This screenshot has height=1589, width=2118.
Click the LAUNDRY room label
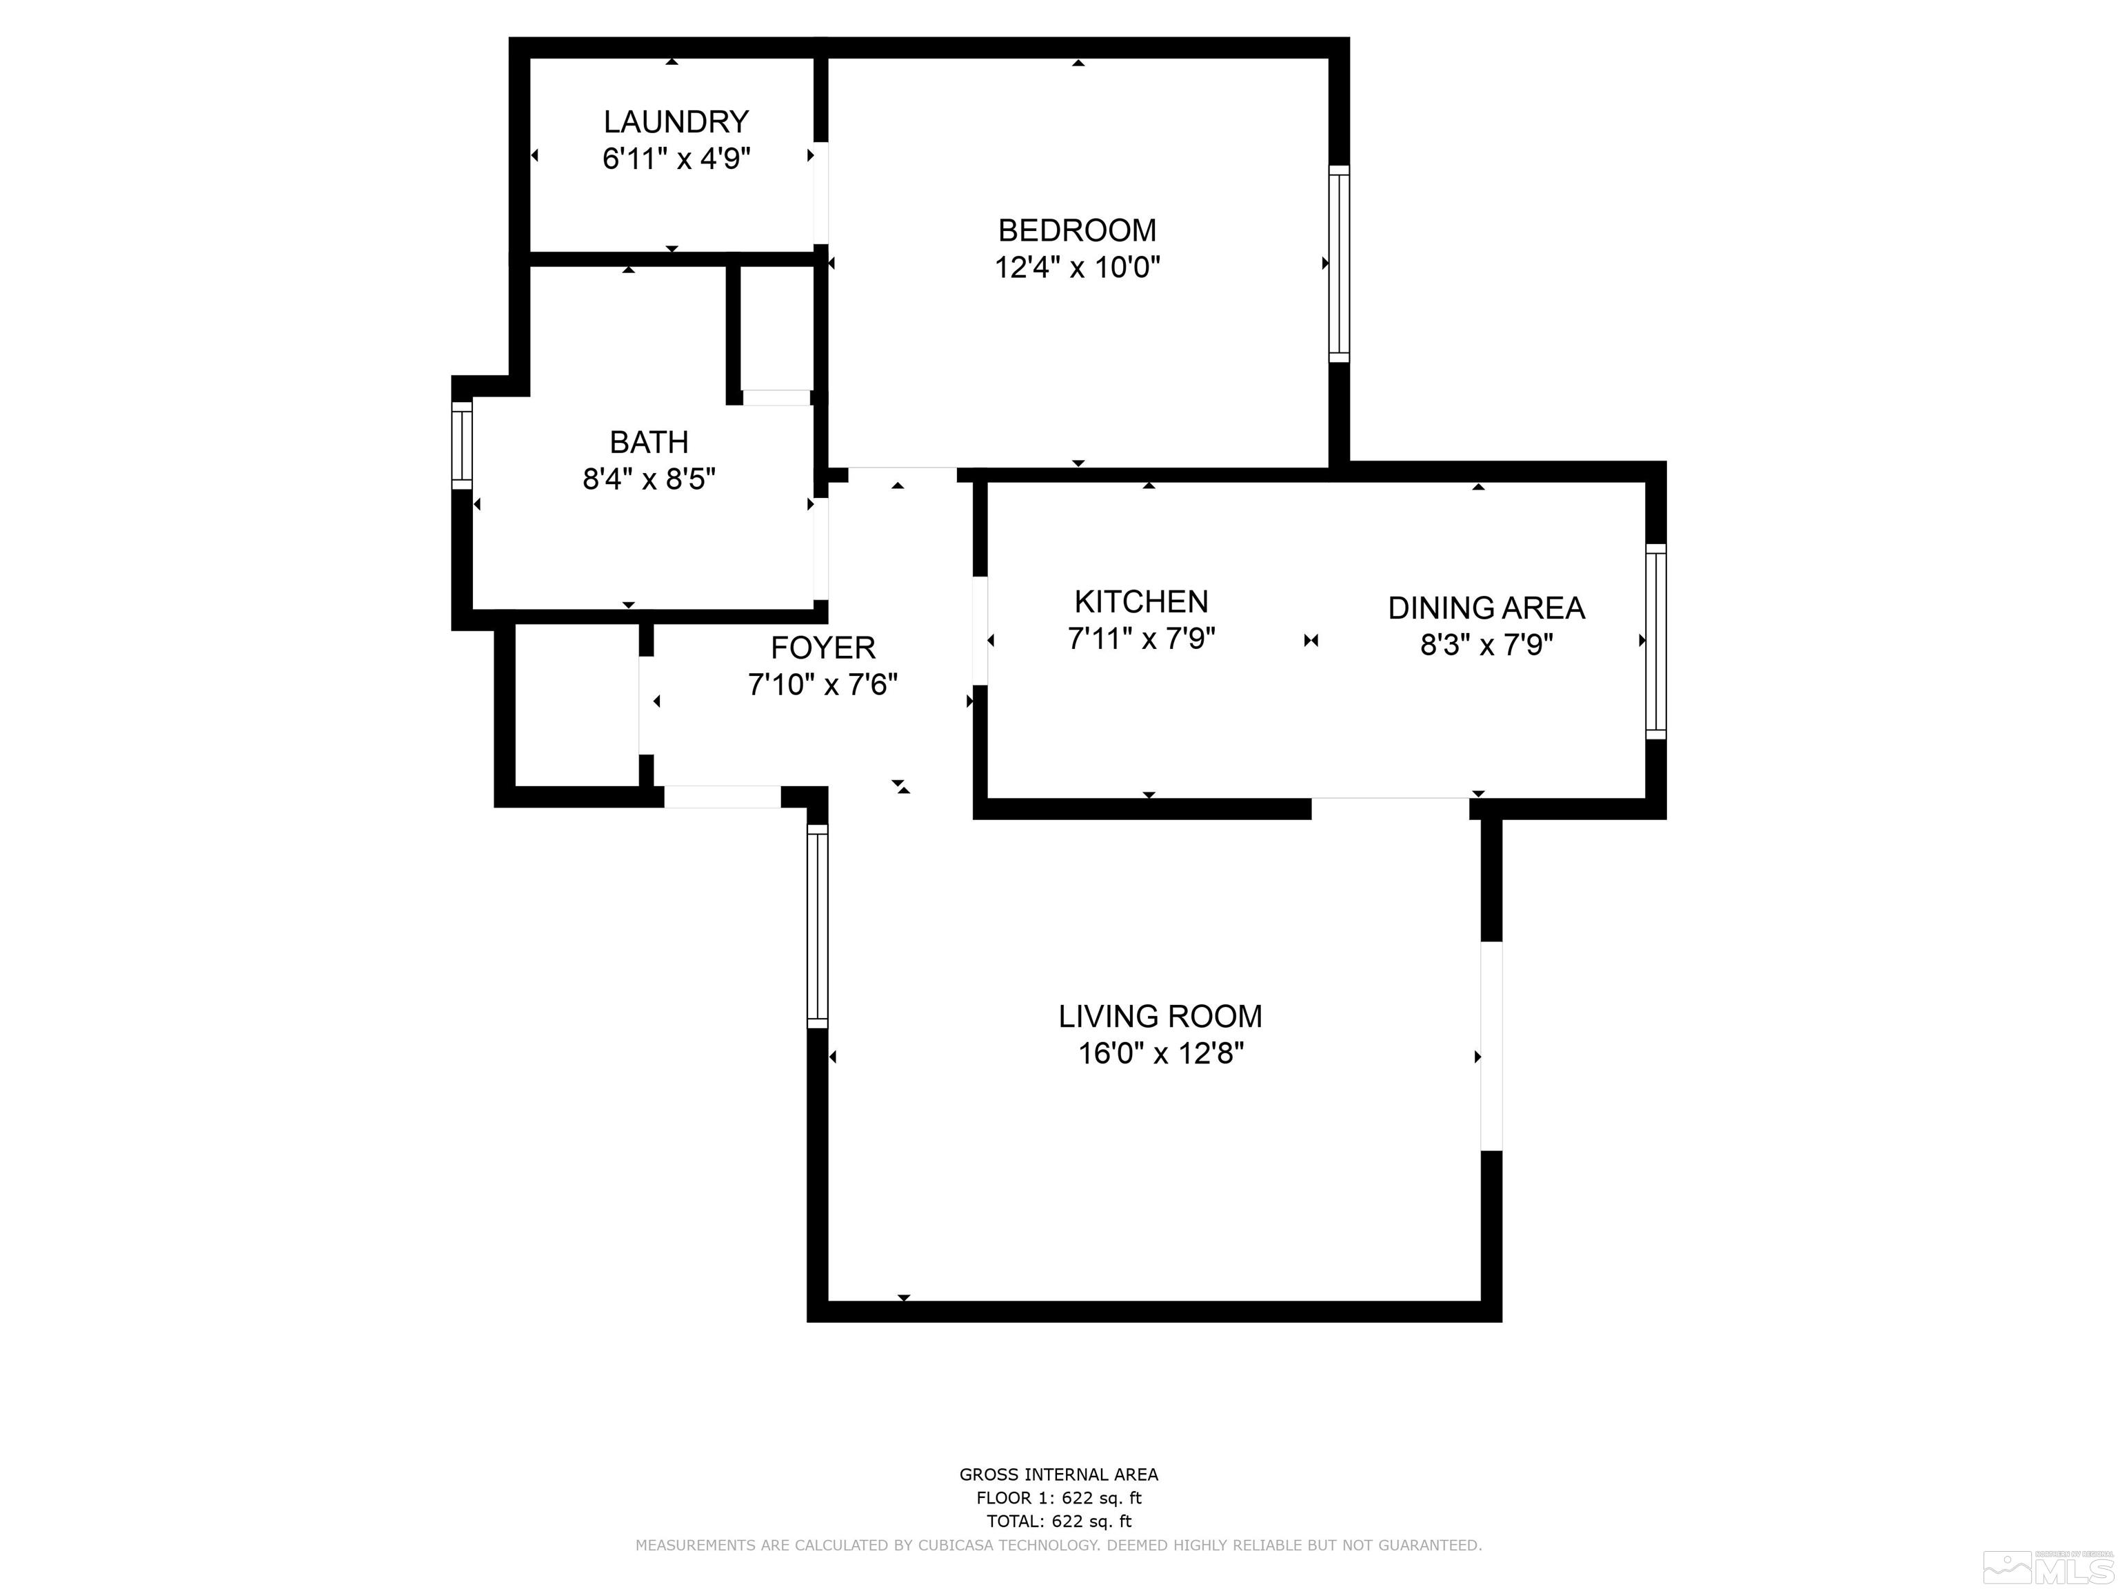pos(675,121)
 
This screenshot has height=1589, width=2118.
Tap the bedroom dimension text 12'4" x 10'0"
pos(1077,267)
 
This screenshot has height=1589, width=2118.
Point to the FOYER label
pos(823,648)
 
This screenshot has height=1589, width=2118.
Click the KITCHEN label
pos(1140,601)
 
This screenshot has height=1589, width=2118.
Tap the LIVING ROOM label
pos(1160,1017)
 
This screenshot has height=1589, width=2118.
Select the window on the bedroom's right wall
pos(1339,263)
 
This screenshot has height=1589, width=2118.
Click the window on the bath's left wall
pos(461,446)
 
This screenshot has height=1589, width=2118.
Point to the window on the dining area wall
pos(1655,641)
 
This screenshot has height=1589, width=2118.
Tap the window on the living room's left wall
pos(817,926)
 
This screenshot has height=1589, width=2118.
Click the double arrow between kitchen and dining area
pos(1311,641)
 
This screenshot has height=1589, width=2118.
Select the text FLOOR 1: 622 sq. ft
pos(1058,1498)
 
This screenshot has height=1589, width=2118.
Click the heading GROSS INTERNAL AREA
pos(1058,1475)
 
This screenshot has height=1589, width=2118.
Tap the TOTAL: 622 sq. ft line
pos(1058,1521)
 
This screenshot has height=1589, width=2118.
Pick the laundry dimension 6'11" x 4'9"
pos(675,158)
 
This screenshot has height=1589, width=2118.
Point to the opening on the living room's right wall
pos(1491,1046)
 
